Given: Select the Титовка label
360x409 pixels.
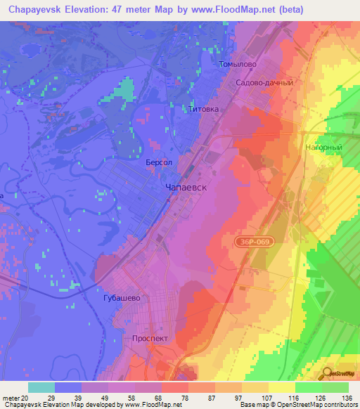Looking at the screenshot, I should click(205, 110).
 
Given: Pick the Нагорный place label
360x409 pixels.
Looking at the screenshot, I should click(323, 148).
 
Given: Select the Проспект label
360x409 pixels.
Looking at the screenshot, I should click(150, 338).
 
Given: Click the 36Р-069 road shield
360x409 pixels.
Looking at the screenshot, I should click(252, 241).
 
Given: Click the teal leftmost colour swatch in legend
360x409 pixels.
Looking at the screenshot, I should click(41, 387).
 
